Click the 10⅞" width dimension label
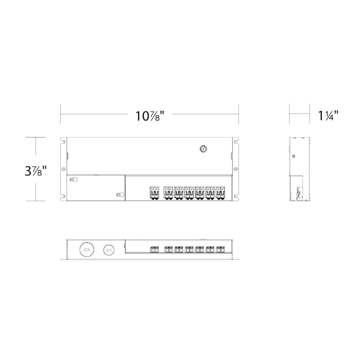[150, 116]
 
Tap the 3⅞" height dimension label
[36, 171]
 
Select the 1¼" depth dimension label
[328, 116]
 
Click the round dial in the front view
[203, 149]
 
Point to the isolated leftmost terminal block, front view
[154, 193]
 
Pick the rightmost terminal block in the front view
[220, 193]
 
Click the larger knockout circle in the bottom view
[87, 249]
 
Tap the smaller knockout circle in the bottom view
[108, 249]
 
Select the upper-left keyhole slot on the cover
[74, 180]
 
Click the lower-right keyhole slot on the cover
[120, 195]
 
